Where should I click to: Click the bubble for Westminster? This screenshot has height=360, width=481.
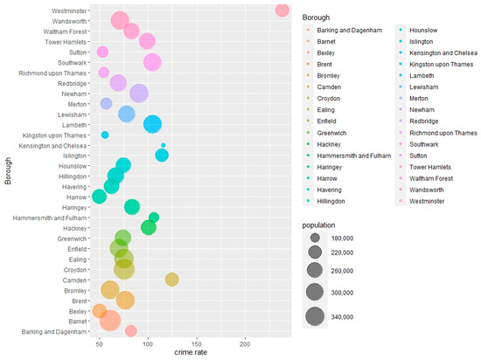pyautogui.click(x=282, y=10)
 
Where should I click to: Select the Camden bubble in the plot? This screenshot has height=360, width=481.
pyautogui.click(x=171, y=280)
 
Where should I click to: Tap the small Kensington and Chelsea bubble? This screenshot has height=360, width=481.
pyautogui.click(x=163, y=145)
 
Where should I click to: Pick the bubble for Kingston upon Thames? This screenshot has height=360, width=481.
pyautogui.click(x=105, y=135)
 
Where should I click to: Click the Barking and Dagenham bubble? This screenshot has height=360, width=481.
pyautogui.click(x=130, y=331)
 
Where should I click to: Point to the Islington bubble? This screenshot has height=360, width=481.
pyautogui.click(x=162, y=156)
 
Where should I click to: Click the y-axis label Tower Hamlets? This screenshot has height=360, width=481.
pyautogui.click(x=62, y=41)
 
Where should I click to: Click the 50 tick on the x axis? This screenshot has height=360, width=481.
pyautogui.click(x=46, y=343)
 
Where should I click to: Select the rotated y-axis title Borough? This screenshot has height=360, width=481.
pyautogui.click(x=8, y=170)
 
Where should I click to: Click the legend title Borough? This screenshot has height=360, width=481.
pyautogui.click(x=315, y=17)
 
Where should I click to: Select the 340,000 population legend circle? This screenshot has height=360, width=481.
pyautogui.click(x=315, y=316)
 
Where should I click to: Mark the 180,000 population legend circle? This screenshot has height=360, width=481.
pyautogui.click(x=315, y=237)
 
